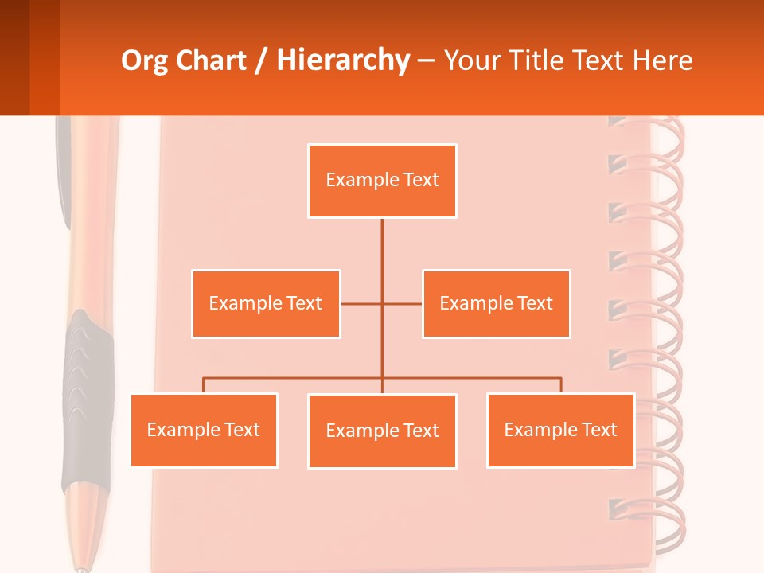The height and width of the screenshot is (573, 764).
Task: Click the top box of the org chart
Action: pyautogui.click(x=382, y=181)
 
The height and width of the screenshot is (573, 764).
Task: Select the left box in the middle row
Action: pyautogui.click(x=266, y=303)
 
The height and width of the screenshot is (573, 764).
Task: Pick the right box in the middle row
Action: pyautogui.click(x=496, y=303)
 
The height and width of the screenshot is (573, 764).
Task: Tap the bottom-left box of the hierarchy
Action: pyautogui.click(x=204, y=430)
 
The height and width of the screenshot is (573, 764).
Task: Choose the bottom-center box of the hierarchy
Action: pyautogui.click(x=382, y=431)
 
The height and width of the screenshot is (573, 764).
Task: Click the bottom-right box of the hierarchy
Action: pyautogui.click(x=560, y=430)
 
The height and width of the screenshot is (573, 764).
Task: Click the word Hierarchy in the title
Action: pyautogui.click(x=342, y=60)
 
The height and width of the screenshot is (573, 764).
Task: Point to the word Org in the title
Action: pyautogui.click(x=142, y=60)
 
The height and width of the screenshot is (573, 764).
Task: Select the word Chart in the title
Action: pyautogui.click(x=208, y=60)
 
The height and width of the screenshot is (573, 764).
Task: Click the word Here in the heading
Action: pyautogui.click(x=662, y=60)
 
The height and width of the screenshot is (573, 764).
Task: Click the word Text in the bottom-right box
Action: pyautogui.click(x=598, y=430)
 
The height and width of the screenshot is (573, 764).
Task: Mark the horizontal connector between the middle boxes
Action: pyautogui.click(x=381, y=303)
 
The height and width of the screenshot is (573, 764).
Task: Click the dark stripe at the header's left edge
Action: pyautogui.click(x=14, y=57)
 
